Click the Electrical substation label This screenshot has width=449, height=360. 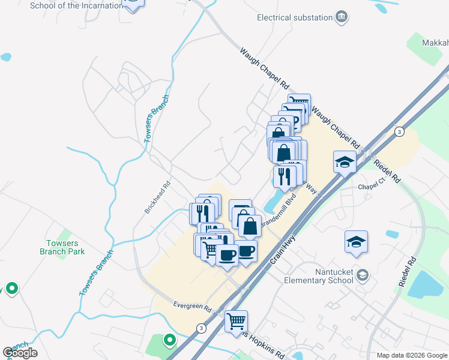point(294,17)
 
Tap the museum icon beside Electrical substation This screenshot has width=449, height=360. point(342,16)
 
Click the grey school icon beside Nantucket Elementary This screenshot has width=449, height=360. point(362,275)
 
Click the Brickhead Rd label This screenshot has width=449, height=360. point(157,197)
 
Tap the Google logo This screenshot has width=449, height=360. point(20,353)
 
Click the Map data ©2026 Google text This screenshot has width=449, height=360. point(412,355)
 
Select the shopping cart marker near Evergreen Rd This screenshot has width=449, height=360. point(236,321)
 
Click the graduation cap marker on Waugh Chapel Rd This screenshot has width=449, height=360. point(344,161)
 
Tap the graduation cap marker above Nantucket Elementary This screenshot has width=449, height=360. point(356,241)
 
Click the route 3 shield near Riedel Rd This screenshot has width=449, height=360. point(399,131)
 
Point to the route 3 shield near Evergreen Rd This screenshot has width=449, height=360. point(200,328)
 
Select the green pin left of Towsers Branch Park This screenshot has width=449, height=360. point(11,289)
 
